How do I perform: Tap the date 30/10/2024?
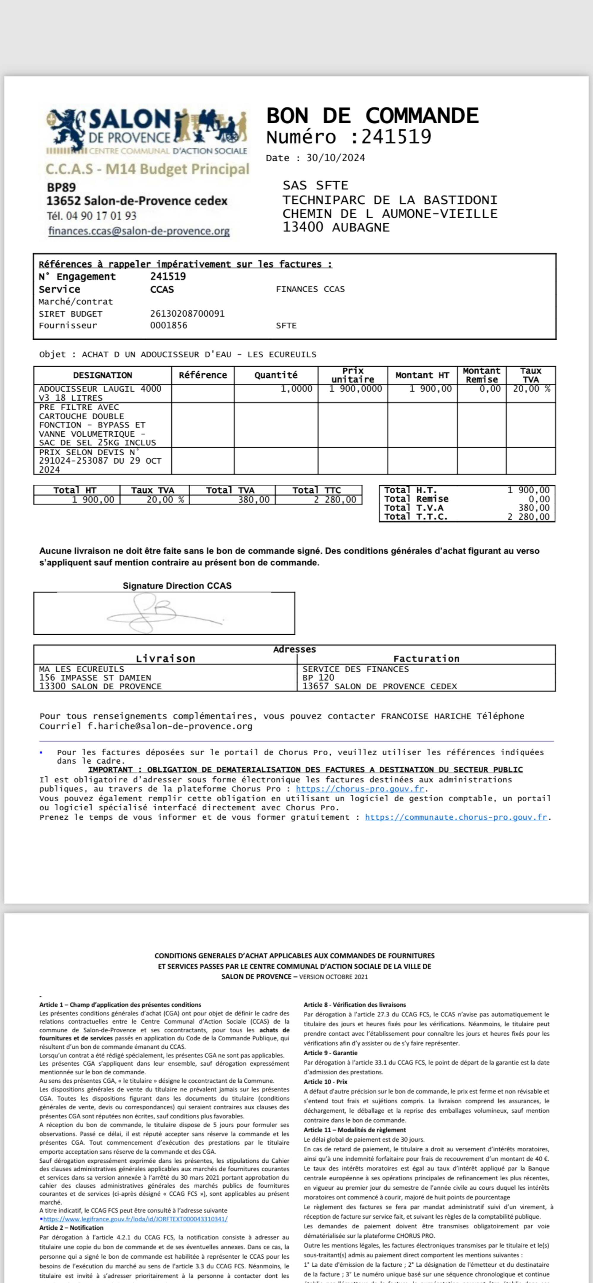coord(335,158)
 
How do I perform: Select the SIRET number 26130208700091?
coord(187,314)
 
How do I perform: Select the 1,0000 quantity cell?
coord(296,389)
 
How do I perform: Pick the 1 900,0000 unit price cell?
coord(355,389)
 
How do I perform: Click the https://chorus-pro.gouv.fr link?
coord(360,789)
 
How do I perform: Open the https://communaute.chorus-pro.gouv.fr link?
coord(456,817)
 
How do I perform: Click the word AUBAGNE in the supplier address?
coord(361,228)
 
